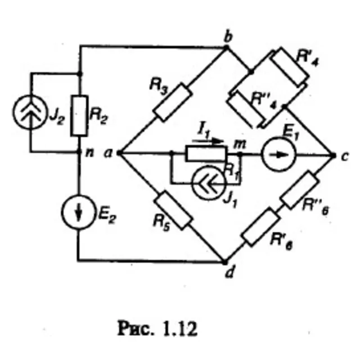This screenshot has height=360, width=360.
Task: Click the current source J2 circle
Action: [x=30, y=112]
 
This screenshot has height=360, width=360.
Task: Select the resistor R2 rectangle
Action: [x=79, y=116]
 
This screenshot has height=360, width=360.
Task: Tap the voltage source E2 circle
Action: [x=78, y=212]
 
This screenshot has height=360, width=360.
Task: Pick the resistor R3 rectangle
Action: [x=173, y=102]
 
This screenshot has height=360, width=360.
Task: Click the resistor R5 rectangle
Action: [x=173, y=210]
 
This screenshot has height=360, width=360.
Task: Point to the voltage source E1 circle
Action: [x=279, y=154]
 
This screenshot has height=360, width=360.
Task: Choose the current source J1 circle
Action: [x=209, y=183]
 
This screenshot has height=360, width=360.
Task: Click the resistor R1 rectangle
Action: [x=206, y=154]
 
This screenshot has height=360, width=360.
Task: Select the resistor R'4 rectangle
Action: [x=290, y=67]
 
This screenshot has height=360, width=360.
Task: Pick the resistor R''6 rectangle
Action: [x=300, y=190]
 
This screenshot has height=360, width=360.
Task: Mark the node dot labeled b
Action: [x=226, y=47]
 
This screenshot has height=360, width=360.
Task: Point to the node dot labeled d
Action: [x=225, y=262]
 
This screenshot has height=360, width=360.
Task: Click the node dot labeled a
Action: [x=119, y=152]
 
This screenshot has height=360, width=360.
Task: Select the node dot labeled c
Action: [x=333, y=156]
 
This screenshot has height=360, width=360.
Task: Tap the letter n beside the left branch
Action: [x=89, y=152]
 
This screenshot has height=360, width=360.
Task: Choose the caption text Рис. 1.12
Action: [x=157, y=328]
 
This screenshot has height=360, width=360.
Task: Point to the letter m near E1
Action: [x=240, y=145]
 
